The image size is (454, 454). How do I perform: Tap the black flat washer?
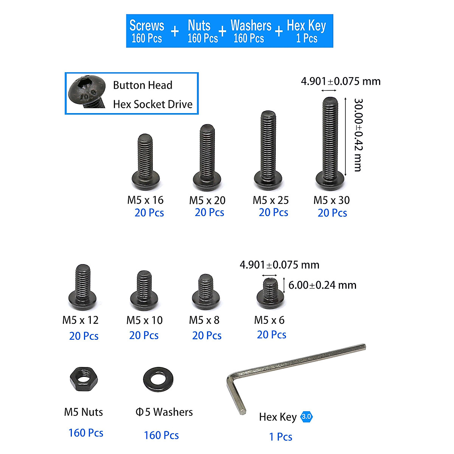158,379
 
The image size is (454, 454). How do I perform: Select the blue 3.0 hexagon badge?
306,417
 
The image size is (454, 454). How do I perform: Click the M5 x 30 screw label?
331,200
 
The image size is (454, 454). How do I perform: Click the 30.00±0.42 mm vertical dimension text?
358,135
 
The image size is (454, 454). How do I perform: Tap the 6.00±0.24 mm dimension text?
322,285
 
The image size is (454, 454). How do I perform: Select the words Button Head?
143,85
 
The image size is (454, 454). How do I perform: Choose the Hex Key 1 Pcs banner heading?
306,31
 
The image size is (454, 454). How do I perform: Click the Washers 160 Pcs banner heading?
250,31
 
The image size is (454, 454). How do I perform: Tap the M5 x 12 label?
80,320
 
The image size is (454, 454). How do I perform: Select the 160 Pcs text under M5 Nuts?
86,433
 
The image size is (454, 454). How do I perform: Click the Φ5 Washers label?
164,412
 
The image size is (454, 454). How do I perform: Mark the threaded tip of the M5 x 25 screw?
268,116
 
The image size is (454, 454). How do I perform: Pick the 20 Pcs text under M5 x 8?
207,336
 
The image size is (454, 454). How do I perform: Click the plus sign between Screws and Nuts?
175,31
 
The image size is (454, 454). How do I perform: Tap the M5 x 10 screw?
144,291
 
